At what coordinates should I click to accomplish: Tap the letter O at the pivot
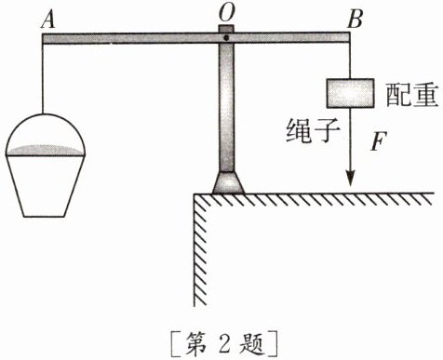pos(226,11)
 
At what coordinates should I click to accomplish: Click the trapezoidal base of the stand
pos(226,183)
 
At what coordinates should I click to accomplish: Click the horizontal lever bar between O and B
pos(289,39)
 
